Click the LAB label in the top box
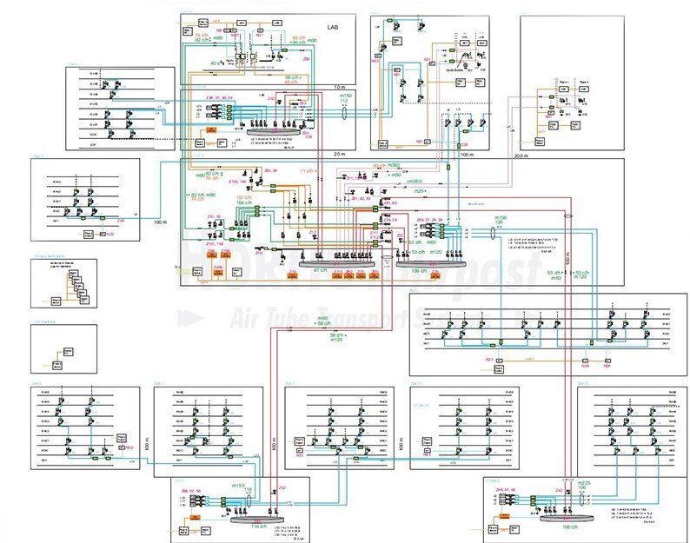click(x=334, y=27)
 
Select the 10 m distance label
click(x=339, y=88)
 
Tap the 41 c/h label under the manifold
click(x=322, y=270)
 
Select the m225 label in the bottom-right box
click(x=584, y=483)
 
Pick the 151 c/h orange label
click(x=244, y=197)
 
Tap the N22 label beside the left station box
click(x=122, y=234)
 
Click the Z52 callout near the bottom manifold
click(x=282, y=489)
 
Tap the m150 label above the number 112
click(x=345, y=94)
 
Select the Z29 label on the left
click(x=121, y=221)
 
